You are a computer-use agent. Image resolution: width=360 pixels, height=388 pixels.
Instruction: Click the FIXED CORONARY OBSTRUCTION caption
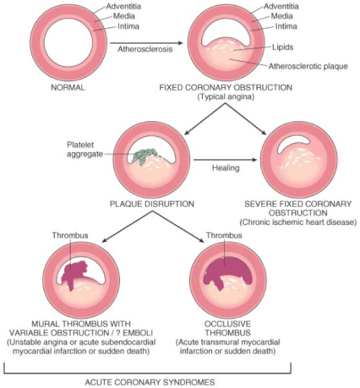click(226, 88)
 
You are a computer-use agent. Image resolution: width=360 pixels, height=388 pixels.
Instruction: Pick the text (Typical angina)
click(226, 97)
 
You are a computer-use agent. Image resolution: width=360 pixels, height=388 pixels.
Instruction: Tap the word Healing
click(226, 168)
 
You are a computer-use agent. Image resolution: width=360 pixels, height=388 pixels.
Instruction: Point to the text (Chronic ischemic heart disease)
click(298, 222)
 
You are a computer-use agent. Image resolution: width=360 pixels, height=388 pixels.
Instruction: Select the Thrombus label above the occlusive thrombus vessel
click(224, 236)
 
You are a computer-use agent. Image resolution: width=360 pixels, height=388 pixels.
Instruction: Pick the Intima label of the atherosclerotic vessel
click(286, 26)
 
